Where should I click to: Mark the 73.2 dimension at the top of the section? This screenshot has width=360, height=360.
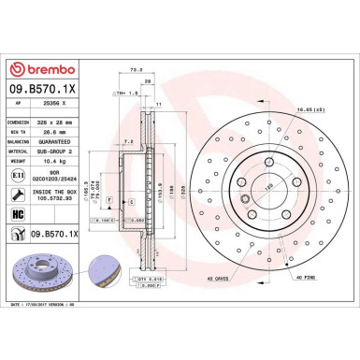pos(137,68)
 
